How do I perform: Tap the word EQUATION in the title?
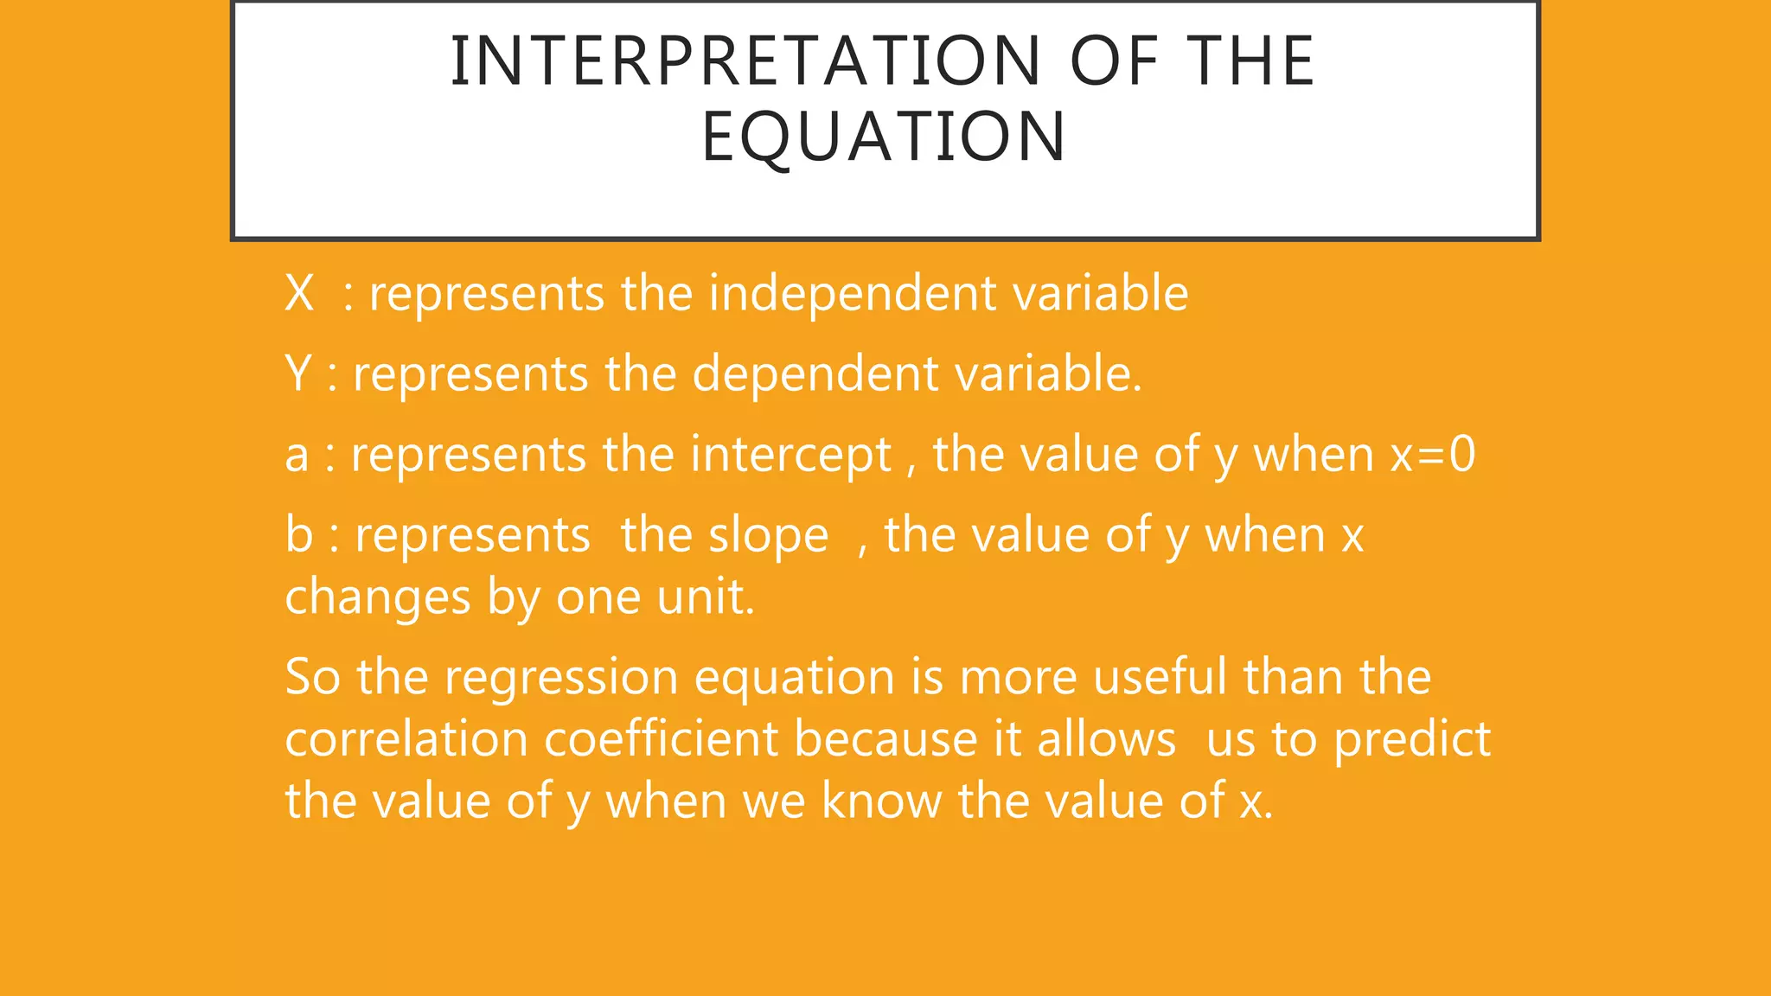[x=884, y=137]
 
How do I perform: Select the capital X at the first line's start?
[x=299, y=293]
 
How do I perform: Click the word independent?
[x=853, y=293]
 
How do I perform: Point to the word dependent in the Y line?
[x=815, y=373]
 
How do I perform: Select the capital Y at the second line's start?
[x=297, y=373]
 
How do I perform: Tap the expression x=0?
[x=1432, y=455]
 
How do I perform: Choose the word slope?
[x=768, y=535]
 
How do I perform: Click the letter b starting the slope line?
[x=298, y=535]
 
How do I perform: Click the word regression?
[x=561, y=677]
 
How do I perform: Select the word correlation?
[x=406, y=739]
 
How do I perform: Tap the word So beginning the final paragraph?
[x=312, y=677]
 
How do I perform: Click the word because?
[x=885, y=739]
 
